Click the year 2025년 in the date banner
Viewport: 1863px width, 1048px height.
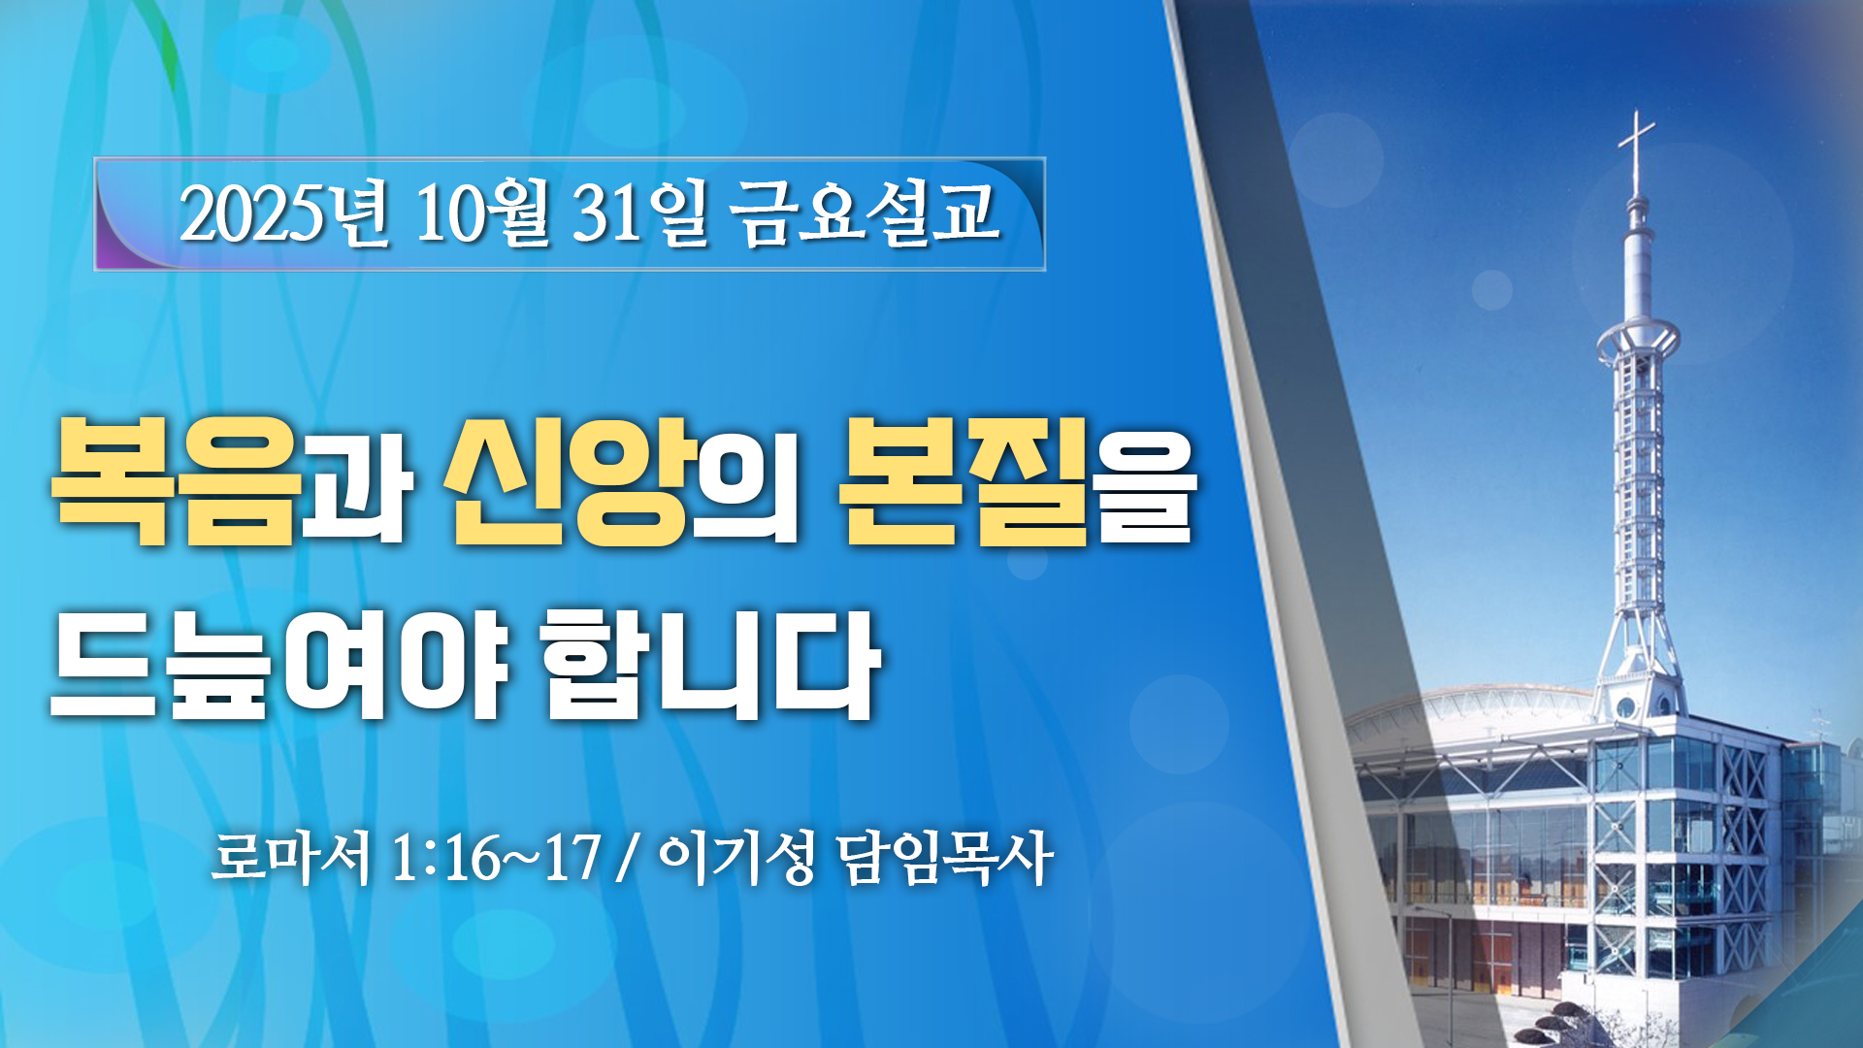[x=283, y=213]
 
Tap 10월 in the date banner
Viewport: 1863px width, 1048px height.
[x=482, y=213]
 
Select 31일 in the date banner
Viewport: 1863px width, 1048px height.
[x=640, y=213]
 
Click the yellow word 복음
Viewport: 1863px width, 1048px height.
[x=176, y=480]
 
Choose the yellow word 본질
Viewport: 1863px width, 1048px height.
[x=963, y=480]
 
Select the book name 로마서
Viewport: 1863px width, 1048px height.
[x=291, y=857]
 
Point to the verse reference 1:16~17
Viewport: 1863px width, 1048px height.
[x=496, y=858]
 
